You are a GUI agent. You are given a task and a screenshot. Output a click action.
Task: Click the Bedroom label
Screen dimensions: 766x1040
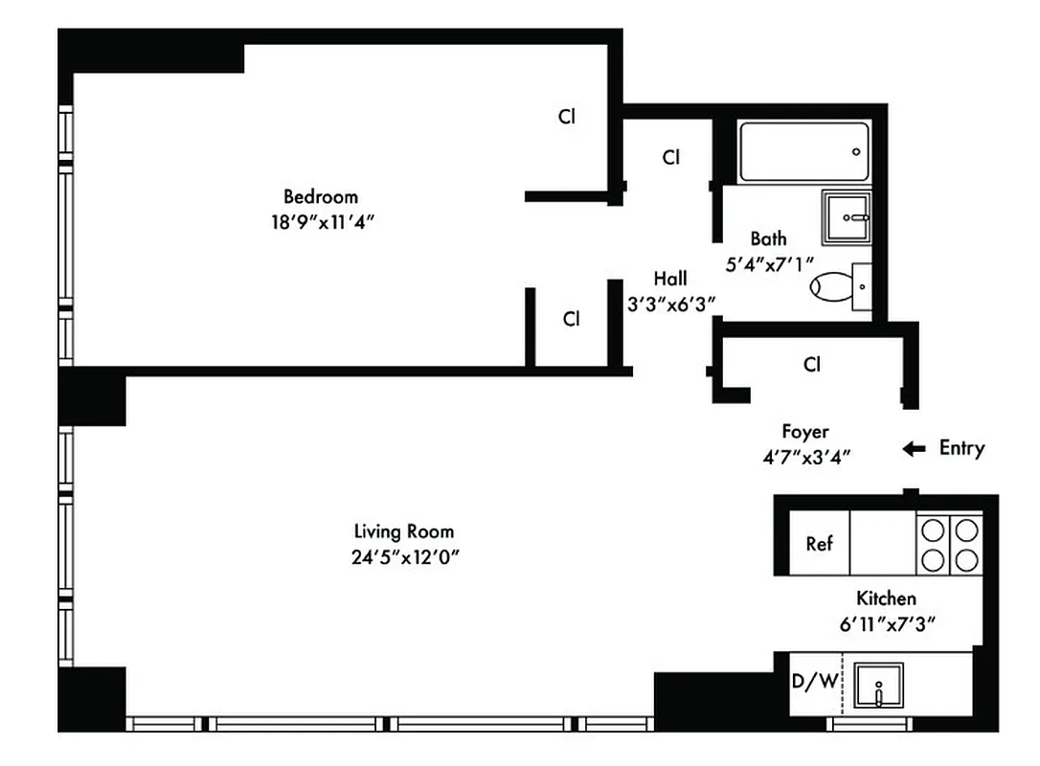[320, 197]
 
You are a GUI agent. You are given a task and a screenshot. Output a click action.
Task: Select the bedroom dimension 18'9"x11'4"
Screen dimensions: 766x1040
[320, 221]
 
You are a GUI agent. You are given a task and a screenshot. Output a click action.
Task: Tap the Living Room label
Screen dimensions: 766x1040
[403, 531]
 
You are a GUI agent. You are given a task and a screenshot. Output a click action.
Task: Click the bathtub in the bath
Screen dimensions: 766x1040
[803, 151]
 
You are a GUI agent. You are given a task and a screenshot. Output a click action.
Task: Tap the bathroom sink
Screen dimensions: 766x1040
[847, 217]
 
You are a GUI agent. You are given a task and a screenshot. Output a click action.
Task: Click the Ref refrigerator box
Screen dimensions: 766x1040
[818, 544]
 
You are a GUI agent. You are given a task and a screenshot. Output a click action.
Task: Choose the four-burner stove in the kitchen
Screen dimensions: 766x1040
[948, 544]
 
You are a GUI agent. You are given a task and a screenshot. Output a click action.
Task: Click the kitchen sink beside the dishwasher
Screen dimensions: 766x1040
[878, 686]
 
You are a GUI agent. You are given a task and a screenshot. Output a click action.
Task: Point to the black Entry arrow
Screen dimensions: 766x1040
[914, 448]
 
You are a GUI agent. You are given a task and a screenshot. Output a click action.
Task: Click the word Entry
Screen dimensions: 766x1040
[961, 448]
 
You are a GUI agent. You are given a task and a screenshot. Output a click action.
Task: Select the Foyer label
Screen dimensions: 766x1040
[804, 432]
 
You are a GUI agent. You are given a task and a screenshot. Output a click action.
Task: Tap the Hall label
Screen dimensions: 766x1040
[670, 279]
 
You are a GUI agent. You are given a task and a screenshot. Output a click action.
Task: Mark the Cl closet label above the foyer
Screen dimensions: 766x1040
[812, 365]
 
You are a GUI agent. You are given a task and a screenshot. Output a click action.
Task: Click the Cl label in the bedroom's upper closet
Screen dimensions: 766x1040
[567, 118]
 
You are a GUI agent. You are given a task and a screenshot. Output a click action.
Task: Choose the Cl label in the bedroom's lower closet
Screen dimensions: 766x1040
[571, 320]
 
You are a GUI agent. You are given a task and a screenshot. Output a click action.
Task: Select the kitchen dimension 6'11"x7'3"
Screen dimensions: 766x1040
[886, 623]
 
